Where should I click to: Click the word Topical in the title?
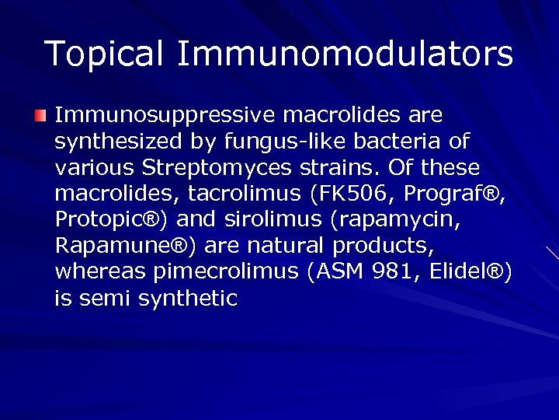tap(104, 54)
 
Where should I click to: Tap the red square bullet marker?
tap(40, 117)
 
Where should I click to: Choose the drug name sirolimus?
tap(266, 219)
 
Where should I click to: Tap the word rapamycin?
tap(401, 220)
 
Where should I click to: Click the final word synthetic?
tap(188, 298)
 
